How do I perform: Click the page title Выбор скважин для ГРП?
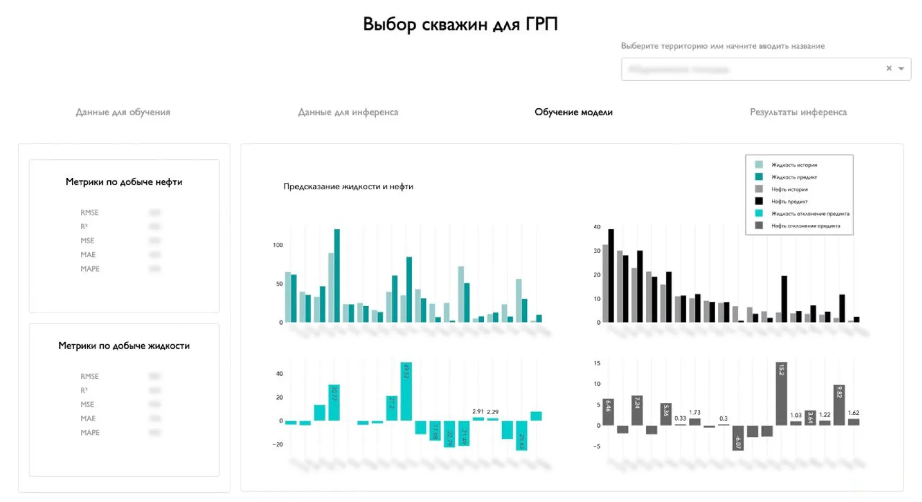click(x=460, y=25)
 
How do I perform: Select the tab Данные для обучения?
click(x=123, y=112)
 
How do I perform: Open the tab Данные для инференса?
click(x=348, y=112)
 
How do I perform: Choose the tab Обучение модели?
click(x=573, y=112)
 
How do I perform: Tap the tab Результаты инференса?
click(x=798, y=112)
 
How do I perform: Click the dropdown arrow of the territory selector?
click(x=901, y=69)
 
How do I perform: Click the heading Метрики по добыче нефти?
click(x=124, y=182)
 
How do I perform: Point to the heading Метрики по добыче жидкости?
click(x=124, y=345)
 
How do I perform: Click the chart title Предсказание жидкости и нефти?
click(x=348, y=187)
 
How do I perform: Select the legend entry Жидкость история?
click(x=794, y=165)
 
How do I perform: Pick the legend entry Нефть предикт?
click(x=789, y=201)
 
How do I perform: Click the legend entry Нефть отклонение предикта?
click(x=805, y=226)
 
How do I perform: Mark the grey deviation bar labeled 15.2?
click(x=781, y=393)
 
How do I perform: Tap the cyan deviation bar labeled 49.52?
click(x=406, y=391)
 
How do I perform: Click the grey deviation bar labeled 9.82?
click(x=839, y=405)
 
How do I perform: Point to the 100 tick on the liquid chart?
click(x=278, y=245)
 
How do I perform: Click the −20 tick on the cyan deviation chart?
click(x=278, y=445)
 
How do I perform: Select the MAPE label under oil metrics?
click(x=90, y=269)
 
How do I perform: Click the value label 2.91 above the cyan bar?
click(x=478, y=412)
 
